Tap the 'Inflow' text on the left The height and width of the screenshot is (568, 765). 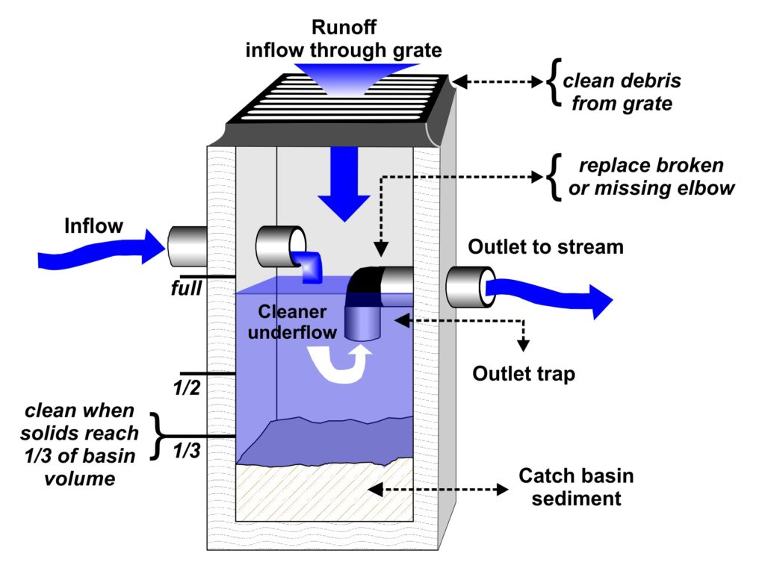pyautogui.click(x=94, y=225)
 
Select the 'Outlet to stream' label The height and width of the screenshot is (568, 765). pyautogui.click(x=545, y=246)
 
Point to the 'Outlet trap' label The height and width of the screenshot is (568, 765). pyautogui.click(x=524, y=373)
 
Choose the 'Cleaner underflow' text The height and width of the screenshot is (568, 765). pyautogui.click(x=293, y=322)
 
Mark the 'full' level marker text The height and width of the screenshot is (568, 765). pyautogui.click(x=185, y=286)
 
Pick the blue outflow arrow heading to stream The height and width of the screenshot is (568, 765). pyautogui.click(x=549, y=293)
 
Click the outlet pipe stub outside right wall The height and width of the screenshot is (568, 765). pyautogui.click(x=468, y=287)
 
